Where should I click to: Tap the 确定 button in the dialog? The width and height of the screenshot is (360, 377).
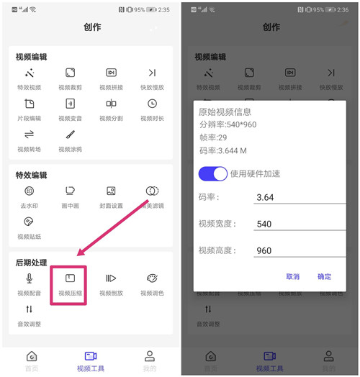(x=324, y=276)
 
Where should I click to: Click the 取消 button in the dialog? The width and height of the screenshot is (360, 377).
(x=292, y=276)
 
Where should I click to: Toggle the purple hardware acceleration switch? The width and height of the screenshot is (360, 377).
(x=213, y=173)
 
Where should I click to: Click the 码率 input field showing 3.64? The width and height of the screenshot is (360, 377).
(x=297, y=197)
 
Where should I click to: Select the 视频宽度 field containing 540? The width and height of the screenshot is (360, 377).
(x=297, y=224)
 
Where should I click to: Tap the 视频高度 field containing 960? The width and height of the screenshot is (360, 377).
(x=297, y=251)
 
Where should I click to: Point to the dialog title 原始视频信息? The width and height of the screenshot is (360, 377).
(x=225, y=112)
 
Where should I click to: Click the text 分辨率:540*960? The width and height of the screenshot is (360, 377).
(x=228, y=124)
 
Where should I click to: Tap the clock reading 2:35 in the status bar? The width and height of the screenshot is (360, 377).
(x=163, y=9)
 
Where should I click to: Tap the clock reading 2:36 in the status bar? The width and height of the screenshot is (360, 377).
(x=343, y=9)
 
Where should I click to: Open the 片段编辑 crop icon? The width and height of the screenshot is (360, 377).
(x=30, y=104)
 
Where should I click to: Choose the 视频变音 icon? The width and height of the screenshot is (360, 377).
(x=71, y=104)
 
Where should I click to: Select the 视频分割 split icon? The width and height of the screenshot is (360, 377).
(x=111, y=104)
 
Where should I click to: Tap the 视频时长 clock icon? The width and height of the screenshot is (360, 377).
(x=152, y=104)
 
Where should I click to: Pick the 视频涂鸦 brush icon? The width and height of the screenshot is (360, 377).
(x=71, y=135)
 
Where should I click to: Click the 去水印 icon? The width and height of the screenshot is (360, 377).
(x=30, y=191)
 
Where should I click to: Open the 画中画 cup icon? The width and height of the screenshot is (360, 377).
(x=71, y=191)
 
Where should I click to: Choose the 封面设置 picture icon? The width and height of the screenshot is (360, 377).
(x=111, y=191)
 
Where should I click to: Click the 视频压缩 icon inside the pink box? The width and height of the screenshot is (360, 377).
(x=71, y=279)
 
